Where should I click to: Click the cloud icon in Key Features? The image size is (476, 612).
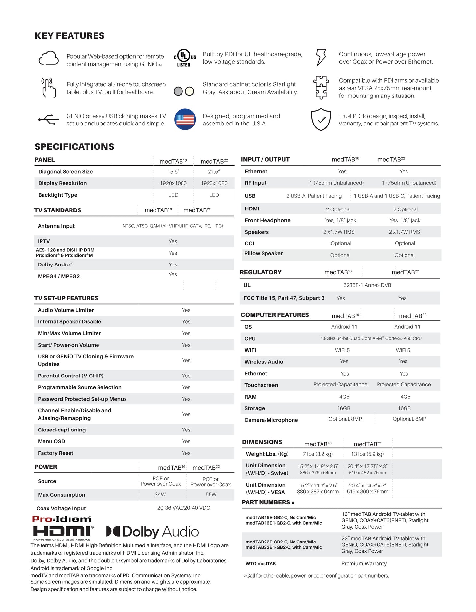coord(48,58)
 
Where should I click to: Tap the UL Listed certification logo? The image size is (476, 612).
coord(184,58)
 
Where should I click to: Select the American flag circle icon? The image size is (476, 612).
coord(185,119)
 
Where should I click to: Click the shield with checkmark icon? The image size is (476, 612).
coord(321,119)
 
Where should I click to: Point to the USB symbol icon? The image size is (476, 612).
coord(48,120)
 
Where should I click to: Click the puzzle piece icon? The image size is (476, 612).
coord(321,87)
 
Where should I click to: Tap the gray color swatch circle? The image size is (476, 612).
coord(178,91)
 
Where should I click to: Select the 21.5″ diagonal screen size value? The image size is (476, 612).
coord(214,172)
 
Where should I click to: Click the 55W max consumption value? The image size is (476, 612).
coord(211,494)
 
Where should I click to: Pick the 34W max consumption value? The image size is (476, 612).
coord(160,494)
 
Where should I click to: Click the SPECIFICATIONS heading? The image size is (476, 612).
coord(74,147)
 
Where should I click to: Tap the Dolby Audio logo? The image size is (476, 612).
coord(153,531)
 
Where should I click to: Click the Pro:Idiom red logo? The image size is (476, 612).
coord(61,519)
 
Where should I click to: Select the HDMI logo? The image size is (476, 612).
coord(63,532)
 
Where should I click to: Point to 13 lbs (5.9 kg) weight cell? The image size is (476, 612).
coord(367,454)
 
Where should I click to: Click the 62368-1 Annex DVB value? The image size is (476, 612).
coord(367,285)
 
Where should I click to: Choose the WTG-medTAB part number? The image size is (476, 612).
coord(261,564)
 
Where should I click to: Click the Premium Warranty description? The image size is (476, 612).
coord(364,564)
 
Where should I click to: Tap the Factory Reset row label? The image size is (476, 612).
coord(55,453)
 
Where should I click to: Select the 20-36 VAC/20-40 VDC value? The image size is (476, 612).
coord(183,508)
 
